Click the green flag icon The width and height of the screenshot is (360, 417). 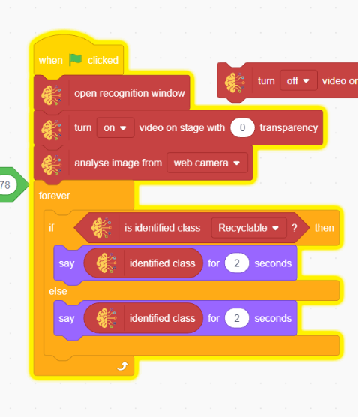(x=75, y=59)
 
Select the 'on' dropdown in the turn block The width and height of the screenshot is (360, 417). (x=115, y=127)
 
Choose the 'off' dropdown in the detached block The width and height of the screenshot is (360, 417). (x=298, y=80)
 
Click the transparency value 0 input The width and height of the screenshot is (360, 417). (x=242, y=127)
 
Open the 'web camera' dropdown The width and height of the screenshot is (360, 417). (x=208, y=163)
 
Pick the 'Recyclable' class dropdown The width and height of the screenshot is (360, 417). (x=249, y=228)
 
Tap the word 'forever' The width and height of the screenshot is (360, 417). (x=55, y=196)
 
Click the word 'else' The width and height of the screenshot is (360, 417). (x=58, y=291)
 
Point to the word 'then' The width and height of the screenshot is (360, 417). (x=324, y=228)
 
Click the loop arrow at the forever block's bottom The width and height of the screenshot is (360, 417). (x=123, y=366)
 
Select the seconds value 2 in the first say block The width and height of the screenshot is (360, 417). (x=237, y=263)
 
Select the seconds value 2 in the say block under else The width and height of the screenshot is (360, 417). (x=237, y=318)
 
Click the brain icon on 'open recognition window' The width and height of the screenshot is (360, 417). (x=52, y=95)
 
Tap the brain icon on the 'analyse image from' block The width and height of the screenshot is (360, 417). (x=52, y=165)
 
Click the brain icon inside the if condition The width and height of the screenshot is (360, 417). (x=101, y=228)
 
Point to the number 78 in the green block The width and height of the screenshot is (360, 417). (x=5, y=184)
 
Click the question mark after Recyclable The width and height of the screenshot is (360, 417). (x=294, y=228)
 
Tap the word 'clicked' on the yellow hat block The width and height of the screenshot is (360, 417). (x=103, y=60)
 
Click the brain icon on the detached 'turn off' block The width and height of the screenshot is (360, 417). (x=235, y=82)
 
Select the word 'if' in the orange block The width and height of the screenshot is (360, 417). (x=51, y=228)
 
